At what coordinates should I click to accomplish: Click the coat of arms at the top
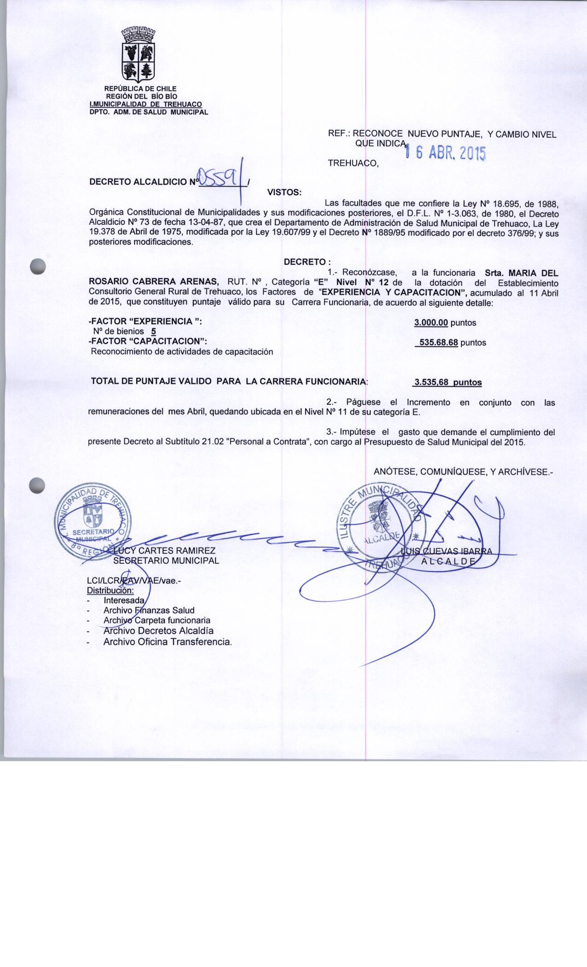(138, 55)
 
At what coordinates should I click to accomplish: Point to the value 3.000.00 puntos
(445, 323)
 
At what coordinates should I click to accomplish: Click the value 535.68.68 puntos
(450, 343)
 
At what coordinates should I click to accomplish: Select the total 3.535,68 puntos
(448, 382)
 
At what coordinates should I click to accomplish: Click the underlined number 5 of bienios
(153, 332)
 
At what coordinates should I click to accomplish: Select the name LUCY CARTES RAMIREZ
(164, 551)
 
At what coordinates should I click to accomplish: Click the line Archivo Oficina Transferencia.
(168, 641)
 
